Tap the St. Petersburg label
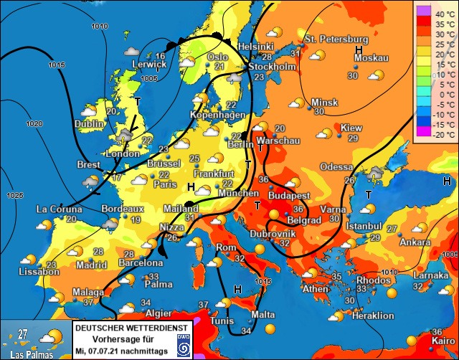[x=336, y=39]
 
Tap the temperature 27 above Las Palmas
[x=23, y=333]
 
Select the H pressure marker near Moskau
[x=359, y=49]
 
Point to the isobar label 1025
[x=14, y=194]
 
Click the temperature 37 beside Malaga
[x=89, y=303]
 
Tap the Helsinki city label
[x=255, y=46]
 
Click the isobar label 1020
[x=34, y=123]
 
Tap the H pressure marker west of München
[x=191, y=186]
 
